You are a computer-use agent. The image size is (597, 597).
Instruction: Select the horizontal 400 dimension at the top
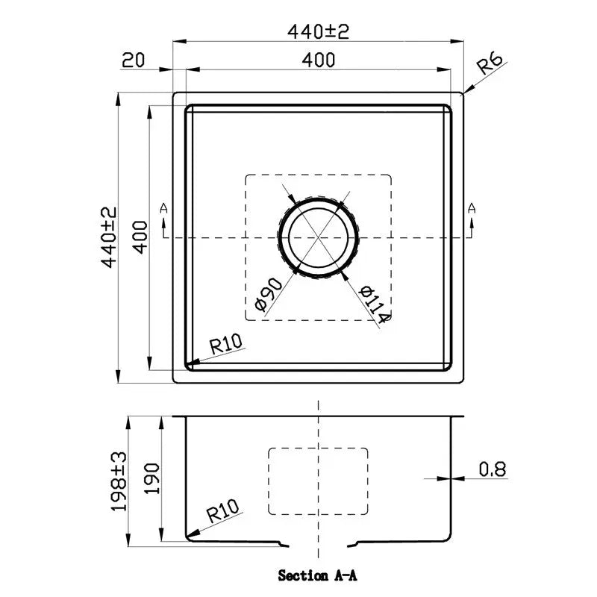pos(319,60)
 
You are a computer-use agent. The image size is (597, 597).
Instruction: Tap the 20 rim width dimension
pos(132,60)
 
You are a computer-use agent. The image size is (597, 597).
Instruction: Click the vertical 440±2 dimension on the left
pos(110,237)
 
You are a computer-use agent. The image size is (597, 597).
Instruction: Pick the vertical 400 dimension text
pos(141,237)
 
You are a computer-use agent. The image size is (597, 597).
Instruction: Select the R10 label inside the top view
pos(227,344)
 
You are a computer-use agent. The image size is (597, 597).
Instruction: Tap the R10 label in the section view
pos(222,513)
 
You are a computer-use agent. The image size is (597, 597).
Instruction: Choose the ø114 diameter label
pos(373,304)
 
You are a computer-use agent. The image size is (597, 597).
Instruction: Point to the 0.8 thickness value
pos(493,469)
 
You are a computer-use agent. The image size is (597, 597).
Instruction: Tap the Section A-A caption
pos(319,575)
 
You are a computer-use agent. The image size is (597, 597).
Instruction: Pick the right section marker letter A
pos(472,208)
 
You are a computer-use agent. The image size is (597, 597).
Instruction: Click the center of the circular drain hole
pos(319,238)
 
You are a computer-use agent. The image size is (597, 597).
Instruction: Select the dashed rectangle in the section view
pos(319,481)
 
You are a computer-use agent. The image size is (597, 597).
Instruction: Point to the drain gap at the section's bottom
pos(319,544)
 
